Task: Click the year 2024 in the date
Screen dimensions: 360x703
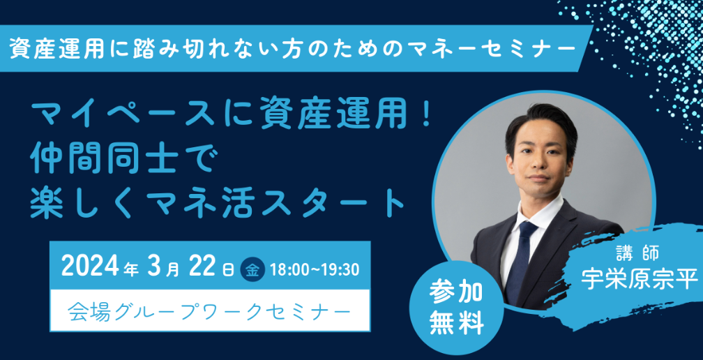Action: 90,266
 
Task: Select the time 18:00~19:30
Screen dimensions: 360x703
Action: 315,268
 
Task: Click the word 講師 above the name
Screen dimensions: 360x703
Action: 638,250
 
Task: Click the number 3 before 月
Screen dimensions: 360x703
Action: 153,266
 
